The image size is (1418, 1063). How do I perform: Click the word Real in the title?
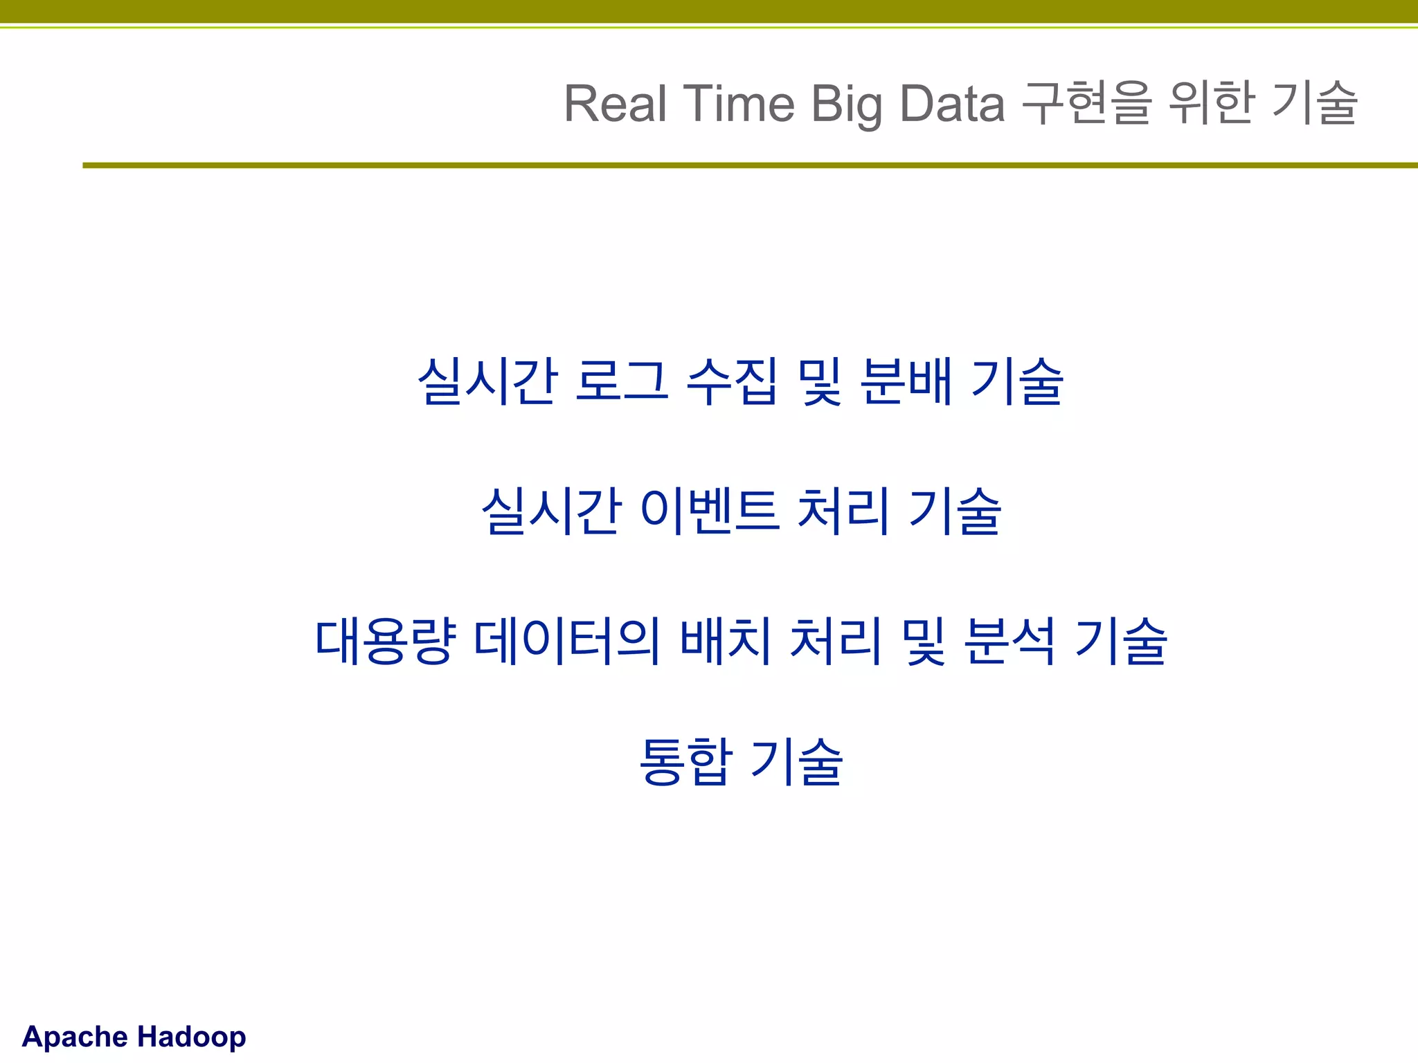pyautogui.click(x=616, y=104)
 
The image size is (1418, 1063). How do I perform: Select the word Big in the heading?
pyautogui.click(x=846, y=104)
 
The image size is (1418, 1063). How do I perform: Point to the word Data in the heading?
pyautogui.click(x=951, y=104)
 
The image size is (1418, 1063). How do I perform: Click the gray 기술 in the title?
pyautogui.click(x=1315, y=104)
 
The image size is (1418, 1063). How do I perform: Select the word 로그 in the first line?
pyautogui.click(x=621, y=381)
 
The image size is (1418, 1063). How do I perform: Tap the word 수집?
pyautogui.click(x=731, y=381)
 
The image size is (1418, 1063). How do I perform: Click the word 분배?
pyautogui.click(x=906, y=381)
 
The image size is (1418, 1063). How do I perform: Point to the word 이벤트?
pyautogui.click(x=710, y=511)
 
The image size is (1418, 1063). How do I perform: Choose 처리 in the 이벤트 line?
pyautogui.click(x=843, y=511)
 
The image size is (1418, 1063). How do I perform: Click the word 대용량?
pyautogui.click(x=386, y=642)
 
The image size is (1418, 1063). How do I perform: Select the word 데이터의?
pyautogui.click(x=566, y=642)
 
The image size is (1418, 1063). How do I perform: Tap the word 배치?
pyautogui.click(x=725, y=642)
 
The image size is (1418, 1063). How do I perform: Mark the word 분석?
pyautogui.click(x=1009, y=642)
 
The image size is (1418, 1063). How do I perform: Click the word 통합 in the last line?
pyautogui.click(x=684, y=762)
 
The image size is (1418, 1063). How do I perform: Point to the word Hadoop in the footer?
pyautogui.click(x=191, y=1037)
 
